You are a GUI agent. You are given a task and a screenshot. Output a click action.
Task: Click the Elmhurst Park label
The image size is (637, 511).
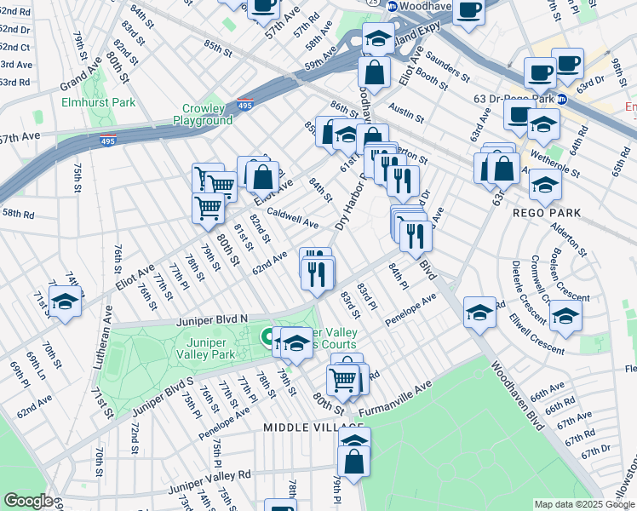coord(99,102)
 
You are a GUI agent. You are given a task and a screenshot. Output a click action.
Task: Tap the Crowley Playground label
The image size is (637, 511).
coord(204,114)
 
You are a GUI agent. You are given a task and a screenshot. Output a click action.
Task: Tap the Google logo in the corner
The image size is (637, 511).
coord(28,501)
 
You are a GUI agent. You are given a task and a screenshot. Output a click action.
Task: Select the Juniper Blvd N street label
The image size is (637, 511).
coord(211,321)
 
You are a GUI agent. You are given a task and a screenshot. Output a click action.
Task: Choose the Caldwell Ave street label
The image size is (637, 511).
coord(292,218)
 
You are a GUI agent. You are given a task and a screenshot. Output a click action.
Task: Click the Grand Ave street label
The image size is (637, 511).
coord(81,82)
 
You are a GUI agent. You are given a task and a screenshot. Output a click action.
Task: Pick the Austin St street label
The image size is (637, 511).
coord(406,109)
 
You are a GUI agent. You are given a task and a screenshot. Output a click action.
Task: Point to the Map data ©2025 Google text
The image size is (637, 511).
coord(583,504)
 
